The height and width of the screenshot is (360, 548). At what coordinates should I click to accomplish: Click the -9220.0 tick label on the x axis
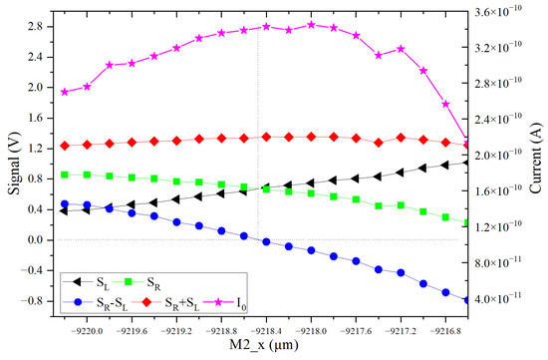86,325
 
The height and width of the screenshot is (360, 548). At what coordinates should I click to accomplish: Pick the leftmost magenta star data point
65,92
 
